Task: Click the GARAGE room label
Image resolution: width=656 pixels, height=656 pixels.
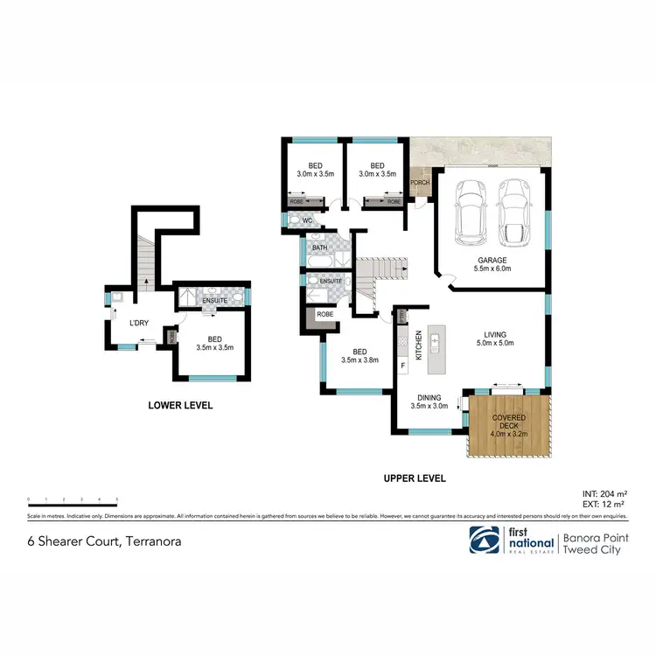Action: pyautogui.click(x=492, y=261)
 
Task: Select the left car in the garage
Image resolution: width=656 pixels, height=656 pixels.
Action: pyautogui.click(x=471, y=213)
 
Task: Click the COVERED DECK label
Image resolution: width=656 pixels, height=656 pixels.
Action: pyautogui.click(x=508, y=422)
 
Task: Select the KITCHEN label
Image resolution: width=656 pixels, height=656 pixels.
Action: pyautogui.click(x=419, y=345)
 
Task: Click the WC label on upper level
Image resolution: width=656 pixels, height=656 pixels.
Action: pyautogui.click(x=307, y=220)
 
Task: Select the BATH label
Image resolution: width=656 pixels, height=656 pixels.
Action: pyautogui.click(x=319, y=248)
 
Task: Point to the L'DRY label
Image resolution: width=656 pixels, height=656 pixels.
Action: pyautogui.click(x=139, y=324)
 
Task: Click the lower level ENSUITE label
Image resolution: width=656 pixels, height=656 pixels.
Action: pyautogui.click(x=215, y=301)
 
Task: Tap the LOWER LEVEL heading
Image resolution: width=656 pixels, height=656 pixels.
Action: pyautogui.click(x=180, y=405)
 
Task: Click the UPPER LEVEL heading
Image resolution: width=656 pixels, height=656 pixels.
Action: pyautogui.click(x=415, y=478)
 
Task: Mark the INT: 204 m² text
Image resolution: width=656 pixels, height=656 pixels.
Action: pyautogui.click(x=605, y=494)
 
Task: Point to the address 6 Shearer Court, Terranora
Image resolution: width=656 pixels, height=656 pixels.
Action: pyautogui.click(x=102, y=541)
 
